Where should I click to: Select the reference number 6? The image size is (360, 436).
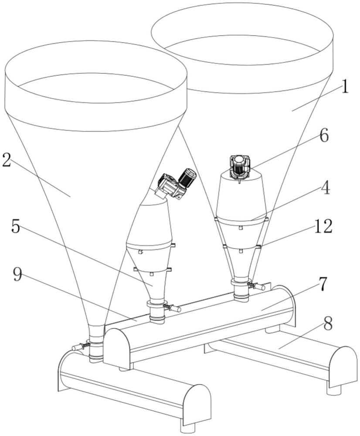coord(323,136)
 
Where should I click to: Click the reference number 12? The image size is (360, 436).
coord(323,226)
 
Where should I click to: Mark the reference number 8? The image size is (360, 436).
coord(328,323)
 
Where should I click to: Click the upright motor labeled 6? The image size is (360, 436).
coord(238,167)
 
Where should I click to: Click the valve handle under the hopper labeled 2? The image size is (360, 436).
coord(77,347)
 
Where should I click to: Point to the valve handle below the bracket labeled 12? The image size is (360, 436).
coord(259,287)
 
